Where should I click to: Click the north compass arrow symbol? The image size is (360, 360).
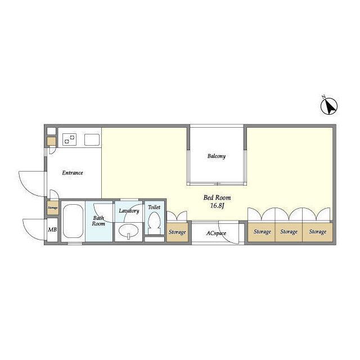(328, 106)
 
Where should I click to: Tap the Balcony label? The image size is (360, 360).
(216, 156)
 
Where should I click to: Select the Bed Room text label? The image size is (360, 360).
(217, 197)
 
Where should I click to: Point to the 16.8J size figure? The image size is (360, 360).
(217, 205)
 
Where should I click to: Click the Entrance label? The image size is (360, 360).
(73, 173)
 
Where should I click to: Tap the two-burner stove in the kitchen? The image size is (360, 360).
(70, 139)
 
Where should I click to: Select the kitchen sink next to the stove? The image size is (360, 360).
(92, 139)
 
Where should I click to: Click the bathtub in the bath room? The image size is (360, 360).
(73, 221)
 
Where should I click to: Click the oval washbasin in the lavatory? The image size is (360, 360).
(128, 230)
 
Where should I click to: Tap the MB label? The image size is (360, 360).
(52, 229)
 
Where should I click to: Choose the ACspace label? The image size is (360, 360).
(216, 233)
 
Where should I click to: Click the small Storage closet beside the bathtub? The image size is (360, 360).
(53, 208)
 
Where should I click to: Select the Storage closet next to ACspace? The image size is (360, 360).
(177, 232)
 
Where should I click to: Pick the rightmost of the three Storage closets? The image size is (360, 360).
(317, 232)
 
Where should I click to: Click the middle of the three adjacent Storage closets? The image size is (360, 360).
(289, 232)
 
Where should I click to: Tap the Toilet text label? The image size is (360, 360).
(154, 207)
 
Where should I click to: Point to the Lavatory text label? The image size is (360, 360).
(129, 211)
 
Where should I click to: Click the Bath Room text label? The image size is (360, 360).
(98, 220)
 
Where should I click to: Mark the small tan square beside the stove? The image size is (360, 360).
(51, 141)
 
